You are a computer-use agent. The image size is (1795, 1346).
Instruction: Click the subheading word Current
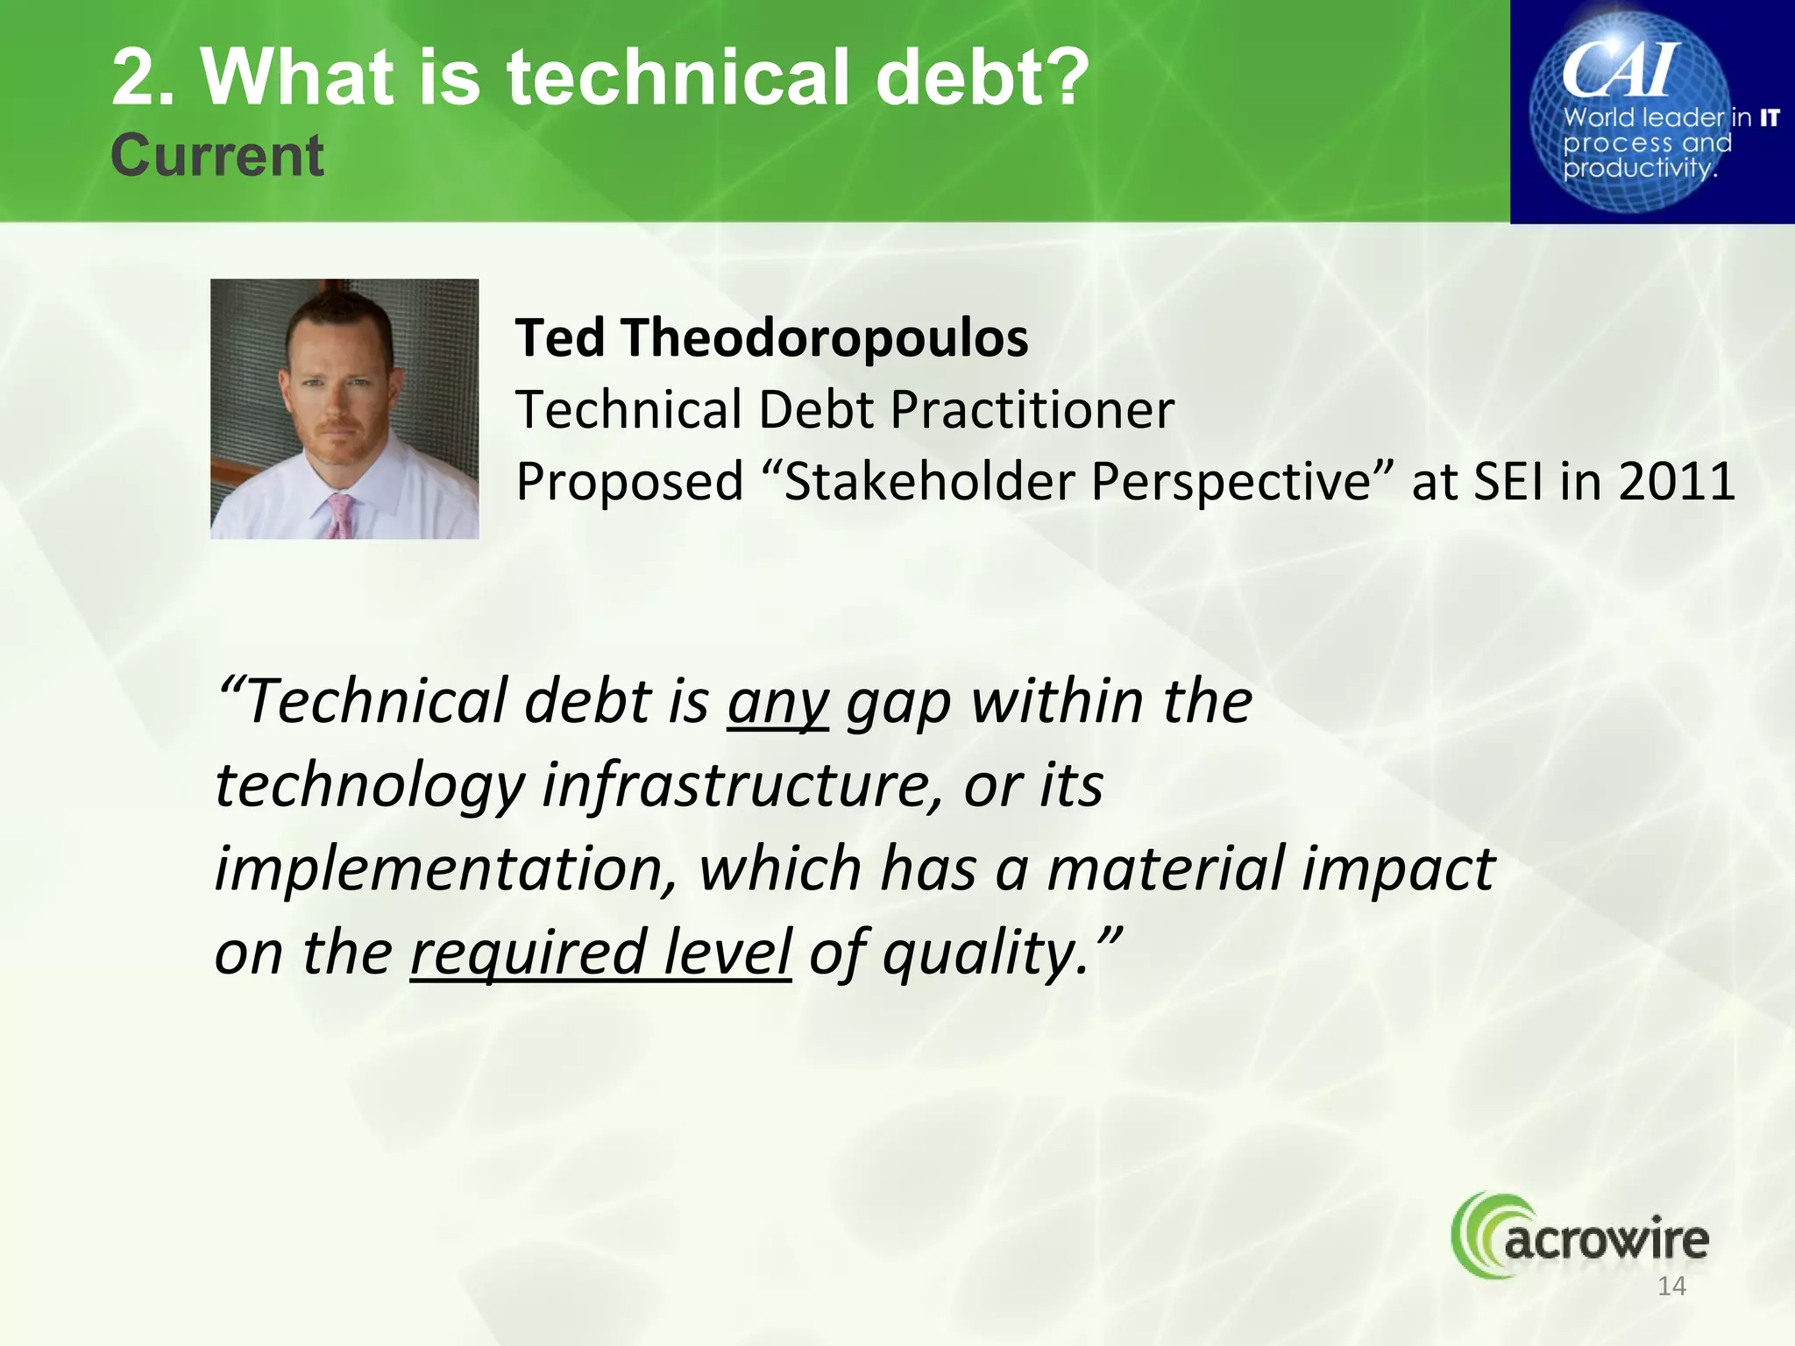[216, 156]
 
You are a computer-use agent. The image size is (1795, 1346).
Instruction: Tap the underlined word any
[777, 703]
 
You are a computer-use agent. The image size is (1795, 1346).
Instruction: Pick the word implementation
[445, 869]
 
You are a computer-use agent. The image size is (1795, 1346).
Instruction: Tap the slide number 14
[1671, 1286]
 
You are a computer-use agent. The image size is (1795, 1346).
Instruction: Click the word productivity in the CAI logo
[1637, 168]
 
